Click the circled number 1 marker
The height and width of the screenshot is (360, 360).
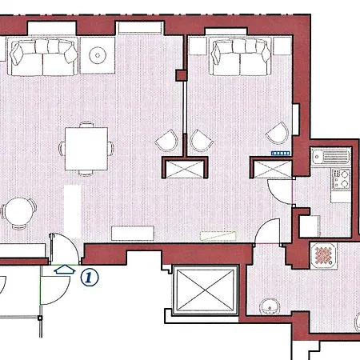[90, 278]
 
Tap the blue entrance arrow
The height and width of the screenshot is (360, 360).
[64, 270]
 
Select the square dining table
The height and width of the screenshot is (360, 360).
[86, 149]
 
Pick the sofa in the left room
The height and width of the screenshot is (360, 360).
[43, 57]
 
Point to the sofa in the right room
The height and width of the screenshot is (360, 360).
[241, 57]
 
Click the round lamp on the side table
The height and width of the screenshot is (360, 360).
[98, 55]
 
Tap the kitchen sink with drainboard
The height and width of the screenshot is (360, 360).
[331, 156]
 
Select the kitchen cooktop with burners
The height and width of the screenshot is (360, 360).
[341, 178]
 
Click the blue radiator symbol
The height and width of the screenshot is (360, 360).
[281, 153]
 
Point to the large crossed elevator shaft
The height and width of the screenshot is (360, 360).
[206, 290]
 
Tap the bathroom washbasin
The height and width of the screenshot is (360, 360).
[270, 306]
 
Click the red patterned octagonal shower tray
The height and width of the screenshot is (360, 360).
[324, 256]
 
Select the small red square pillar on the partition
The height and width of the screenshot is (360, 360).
[181, 75]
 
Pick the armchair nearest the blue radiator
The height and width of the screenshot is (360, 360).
[278, 134]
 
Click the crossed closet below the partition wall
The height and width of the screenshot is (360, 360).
[185, 169]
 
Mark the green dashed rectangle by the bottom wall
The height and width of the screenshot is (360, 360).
[218, 236]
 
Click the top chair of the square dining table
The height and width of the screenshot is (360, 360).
[86, 124]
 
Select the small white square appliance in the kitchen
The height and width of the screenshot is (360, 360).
[310, 226]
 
